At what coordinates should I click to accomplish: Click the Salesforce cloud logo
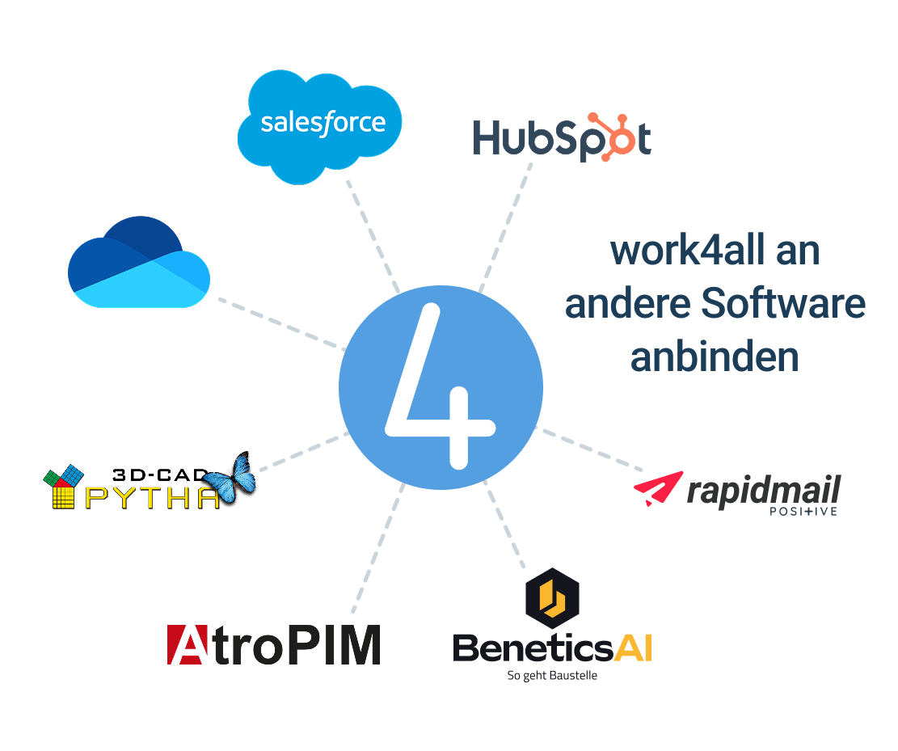321,124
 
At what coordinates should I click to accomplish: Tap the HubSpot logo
561,137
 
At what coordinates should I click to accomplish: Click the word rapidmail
763,490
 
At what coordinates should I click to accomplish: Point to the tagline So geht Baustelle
551,676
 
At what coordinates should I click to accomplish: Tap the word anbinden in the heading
714,357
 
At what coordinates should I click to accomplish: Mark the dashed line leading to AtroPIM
377,550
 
